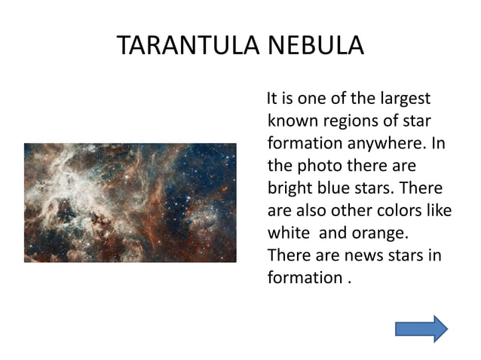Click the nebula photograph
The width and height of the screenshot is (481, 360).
130,201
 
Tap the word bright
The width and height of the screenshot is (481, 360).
290,186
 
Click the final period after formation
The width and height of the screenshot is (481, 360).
348,279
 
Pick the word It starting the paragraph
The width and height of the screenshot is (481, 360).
265,99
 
